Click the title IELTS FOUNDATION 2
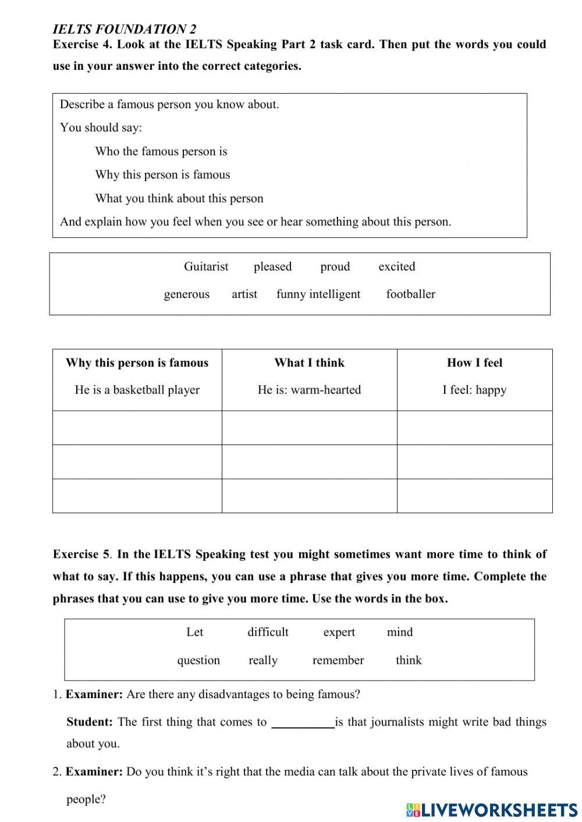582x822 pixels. pyautogui.click(x=125, y=29)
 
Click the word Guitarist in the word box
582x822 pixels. pyautogui.click(x=206, y=266)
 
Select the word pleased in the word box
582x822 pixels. pyautogui.click(x=272, y=266)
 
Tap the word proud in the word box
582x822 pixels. pyautogui.click(x=335, y=266)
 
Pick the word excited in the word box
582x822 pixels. pyautogui.click(x=396, y=266)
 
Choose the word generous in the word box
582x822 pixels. pyautogui.click(x=186, y=294)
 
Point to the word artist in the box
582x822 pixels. pyautogui.click(x=244, y=294)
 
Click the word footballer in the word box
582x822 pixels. pyautogui.click(x=410, y=294)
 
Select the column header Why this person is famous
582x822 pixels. pyautogui.click(x=137, y=363)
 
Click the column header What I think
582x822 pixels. pyautogui.click(x=309, y=363)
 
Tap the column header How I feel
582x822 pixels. pyautogui.click(x=474, y=363)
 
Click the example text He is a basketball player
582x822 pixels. pyautogui.click(x=137, y=390)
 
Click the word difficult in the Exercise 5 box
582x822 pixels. pyautogui.click(x=268, y=632)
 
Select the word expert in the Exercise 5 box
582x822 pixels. pyautogui.click(x=339, y=632)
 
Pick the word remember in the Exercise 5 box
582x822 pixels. pyautogui.click(x=338, y=660)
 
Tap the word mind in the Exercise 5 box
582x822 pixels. pyautogui.click(x=399, y=632)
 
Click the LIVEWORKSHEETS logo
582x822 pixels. pyautogui.click(x=492, y=809)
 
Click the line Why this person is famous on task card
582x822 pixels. pyautogui.click(x=162, y=175)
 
